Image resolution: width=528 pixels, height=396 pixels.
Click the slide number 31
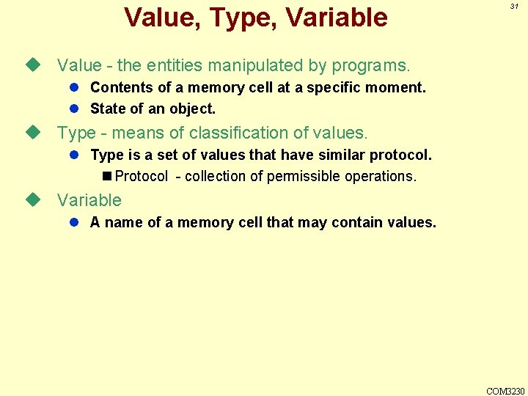click(x=514, y=6)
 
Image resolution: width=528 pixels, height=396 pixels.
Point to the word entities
click(x=180, y=65)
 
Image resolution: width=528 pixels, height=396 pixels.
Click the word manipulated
click(x=259, y=65)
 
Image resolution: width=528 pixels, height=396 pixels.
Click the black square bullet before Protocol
click(x=107, y=176)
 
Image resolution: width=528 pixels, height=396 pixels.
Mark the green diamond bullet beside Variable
click(x=31, y=199)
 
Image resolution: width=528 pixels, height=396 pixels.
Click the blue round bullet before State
click(x=74, y=109)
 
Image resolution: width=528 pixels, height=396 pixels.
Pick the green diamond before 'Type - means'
click(x=31, y=133)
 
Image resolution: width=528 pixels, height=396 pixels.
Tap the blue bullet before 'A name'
click(x=74, y=222)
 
